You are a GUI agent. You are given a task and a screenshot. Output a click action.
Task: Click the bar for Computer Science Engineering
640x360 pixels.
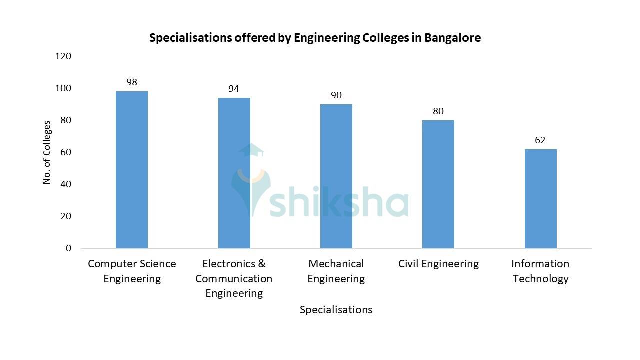(132, 170)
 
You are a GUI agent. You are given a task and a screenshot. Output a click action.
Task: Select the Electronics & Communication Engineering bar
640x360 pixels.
(234, 173)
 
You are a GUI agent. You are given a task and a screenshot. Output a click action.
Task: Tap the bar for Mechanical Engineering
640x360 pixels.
(336, 176)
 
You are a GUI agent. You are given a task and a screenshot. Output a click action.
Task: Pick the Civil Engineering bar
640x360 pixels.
(438, 184)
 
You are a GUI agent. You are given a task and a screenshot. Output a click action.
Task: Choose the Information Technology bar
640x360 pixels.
(540, 198)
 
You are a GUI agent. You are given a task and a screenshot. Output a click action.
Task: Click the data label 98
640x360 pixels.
(132, 82)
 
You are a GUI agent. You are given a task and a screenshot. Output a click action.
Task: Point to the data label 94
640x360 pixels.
(234, 89)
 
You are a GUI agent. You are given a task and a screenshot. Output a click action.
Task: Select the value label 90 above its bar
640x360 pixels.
(336, 95)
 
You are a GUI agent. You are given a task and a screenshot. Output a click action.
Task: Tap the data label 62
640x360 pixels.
(540, 140)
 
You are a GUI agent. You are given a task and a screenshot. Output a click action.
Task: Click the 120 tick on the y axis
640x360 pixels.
(63, 56)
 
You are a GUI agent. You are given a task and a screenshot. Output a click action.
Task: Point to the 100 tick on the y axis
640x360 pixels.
(63, 88)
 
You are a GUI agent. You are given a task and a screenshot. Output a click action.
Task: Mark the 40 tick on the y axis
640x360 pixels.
(66, 184)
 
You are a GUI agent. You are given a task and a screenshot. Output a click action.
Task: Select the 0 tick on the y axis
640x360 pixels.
(68, 248)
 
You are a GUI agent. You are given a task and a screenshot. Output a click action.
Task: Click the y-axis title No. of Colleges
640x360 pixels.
(47, 152)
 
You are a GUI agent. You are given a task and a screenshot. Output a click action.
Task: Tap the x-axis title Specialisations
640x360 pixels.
(336, 310)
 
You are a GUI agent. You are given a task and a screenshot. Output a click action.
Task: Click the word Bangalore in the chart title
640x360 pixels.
(452, 38)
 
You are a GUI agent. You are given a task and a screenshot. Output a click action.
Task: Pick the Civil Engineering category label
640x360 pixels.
(438, 264)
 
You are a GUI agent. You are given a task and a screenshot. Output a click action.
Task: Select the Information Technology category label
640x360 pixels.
(540, 271)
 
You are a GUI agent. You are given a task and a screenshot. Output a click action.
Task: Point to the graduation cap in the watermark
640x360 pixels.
(251, 150)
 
